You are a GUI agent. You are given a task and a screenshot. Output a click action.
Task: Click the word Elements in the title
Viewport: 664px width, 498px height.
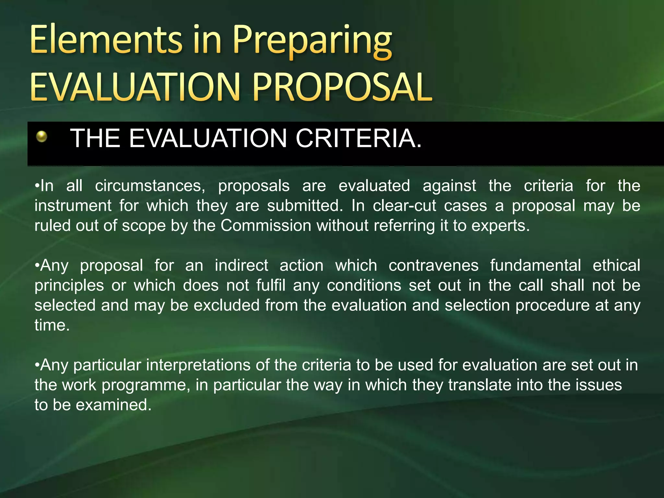[x=106, y=41]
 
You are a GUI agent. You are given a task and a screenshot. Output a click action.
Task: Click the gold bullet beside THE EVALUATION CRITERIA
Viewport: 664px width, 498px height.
[x=42, y=136]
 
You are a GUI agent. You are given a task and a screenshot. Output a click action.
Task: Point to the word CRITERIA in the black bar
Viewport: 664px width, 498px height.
[x=359, y=138]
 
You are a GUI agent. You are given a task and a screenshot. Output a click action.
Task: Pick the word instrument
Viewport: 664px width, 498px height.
[x=73, y=206]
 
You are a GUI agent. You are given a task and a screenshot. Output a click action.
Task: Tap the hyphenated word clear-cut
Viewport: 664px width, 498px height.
[x=404, y=206]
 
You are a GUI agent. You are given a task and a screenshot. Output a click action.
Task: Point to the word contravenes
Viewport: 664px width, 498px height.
[x=433, y=266]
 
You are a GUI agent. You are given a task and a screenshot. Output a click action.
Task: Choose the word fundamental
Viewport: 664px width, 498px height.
[x=536, y=266]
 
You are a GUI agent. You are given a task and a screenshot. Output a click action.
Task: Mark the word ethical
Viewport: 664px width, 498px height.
[x=616, y=266]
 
